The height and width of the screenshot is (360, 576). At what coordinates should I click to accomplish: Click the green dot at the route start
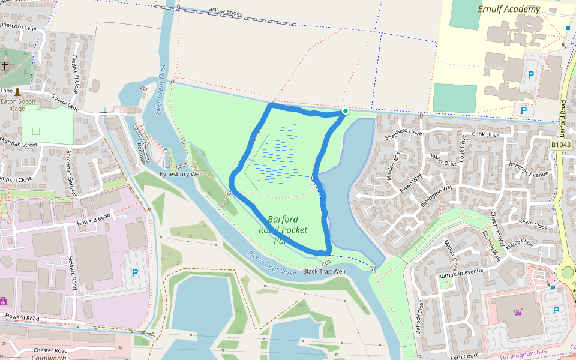tap(346, 111)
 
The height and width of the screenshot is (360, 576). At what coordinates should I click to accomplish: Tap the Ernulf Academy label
tap(509, 9)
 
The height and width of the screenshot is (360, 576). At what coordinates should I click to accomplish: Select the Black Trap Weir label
tap(325, 271)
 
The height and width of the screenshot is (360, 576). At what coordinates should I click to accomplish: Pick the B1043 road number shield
tap(561, 145)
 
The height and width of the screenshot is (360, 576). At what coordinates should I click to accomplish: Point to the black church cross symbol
tap(5, 65)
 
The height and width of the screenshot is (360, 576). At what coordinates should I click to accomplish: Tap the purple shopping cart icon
tap(518, 312)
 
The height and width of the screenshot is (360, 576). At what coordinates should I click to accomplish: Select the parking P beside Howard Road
tap(134, 273)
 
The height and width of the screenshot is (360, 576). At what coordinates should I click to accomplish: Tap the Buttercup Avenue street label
tap(460, 271)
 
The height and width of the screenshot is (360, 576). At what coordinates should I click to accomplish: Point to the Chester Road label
tap(50, 350)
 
